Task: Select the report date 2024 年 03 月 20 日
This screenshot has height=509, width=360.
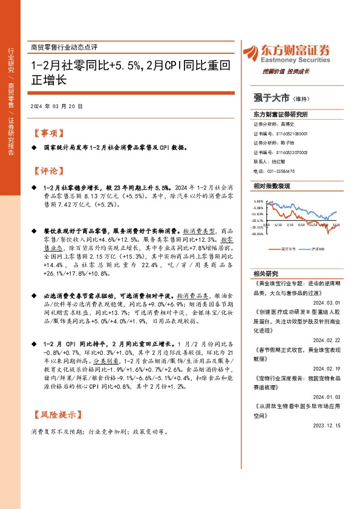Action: tap(56, 106)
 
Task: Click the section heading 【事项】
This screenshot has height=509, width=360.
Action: tap(47, 133)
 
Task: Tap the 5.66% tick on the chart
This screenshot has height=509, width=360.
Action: tap(258, 201)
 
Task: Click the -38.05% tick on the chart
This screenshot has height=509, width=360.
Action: tap(258, 233)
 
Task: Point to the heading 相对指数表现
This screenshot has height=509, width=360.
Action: tap(270, 188)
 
